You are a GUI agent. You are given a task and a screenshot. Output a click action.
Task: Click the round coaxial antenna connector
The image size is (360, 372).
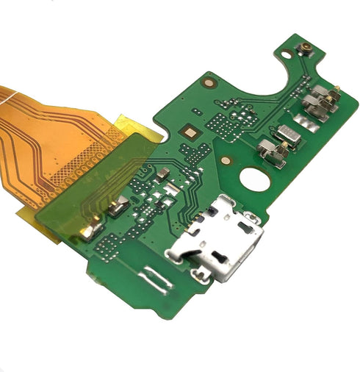click(302, 51)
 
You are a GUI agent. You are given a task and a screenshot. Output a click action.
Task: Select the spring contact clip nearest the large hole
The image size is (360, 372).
click(273, 152)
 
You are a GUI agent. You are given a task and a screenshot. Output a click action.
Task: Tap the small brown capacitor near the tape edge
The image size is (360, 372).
click(164, 173)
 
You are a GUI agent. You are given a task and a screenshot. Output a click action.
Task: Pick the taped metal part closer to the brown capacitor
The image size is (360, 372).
click(117, 210)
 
